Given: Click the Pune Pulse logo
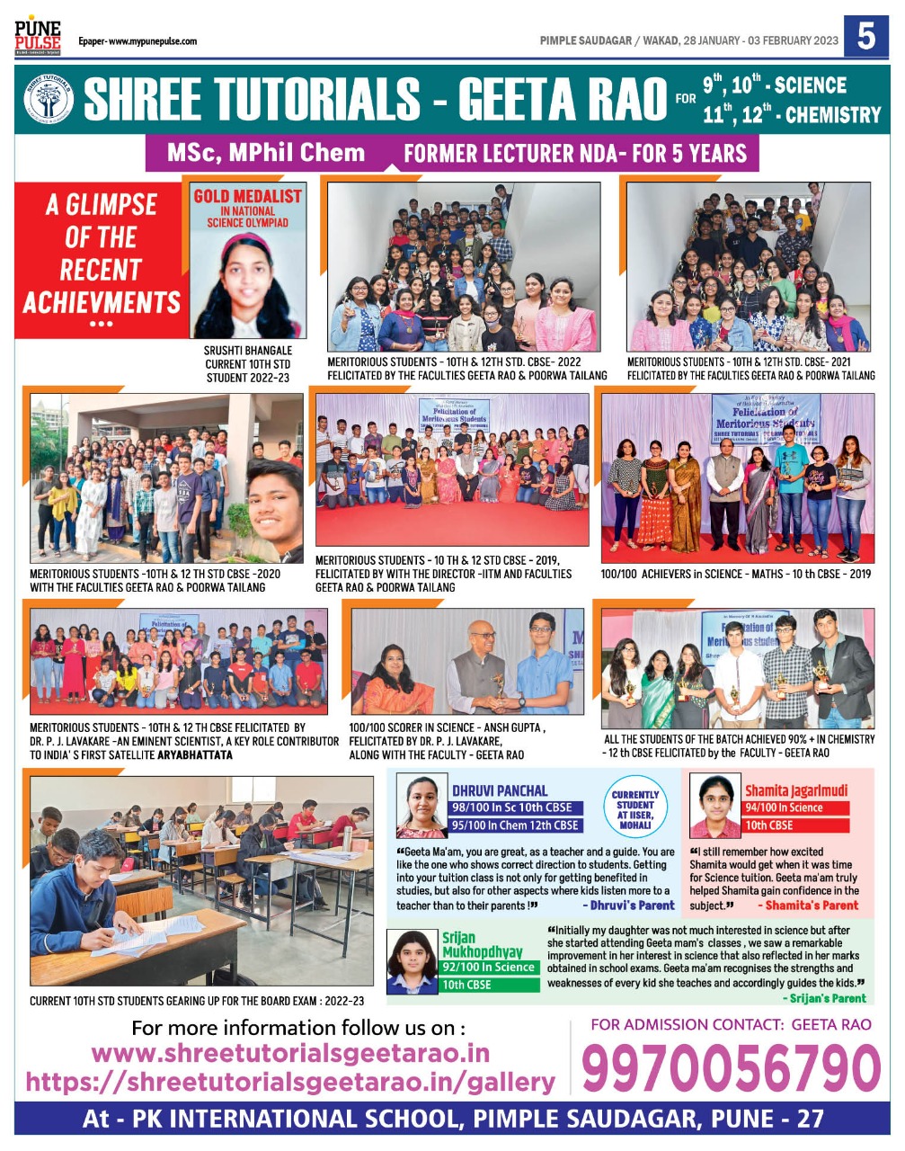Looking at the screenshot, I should pyautogui.click(x=38, y=34).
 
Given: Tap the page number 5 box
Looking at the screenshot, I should pyautogui.click(x=865, y=37).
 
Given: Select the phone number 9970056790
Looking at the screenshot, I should pyautogui.click(x=731, y=1069).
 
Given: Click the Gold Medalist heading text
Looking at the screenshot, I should pyautogui.click(x=248, y=196).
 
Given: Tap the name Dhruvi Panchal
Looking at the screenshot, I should pyautogui.click(x=499, y=790).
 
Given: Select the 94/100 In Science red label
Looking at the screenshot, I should pyautogui.click(x=785, y=807).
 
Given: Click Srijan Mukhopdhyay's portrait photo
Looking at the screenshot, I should pyautogui.click(x=413, y=960).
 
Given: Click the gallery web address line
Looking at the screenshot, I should pyautogui.click(x=290, y=1082).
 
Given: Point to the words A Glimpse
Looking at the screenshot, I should pyautogui.click(x=102, y=205).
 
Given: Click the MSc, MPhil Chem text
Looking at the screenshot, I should pyautogui.click(x=266, y=153).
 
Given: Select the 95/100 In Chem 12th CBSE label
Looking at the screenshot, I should pyautogui.click(x=516, y=825).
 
